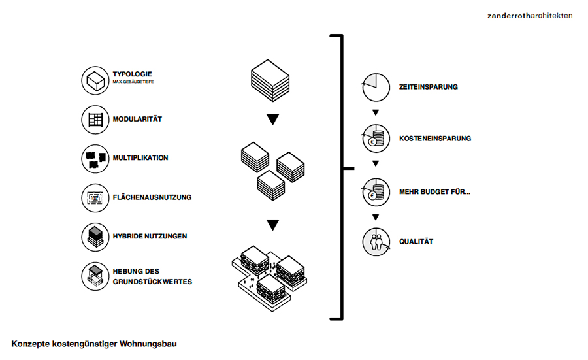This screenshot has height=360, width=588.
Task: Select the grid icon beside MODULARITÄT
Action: click(94, 120)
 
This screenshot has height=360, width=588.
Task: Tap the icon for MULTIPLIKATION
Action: click(94, 158)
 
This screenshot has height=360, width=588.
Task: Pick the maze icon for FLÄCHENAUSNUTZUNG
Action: click(94, 197)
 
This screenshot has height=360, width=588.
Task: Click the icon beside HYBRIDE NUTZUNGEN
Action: click(94, 236)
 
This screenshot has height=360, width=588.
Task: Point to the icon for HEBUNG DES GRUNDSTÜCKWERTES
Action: click(94, 276)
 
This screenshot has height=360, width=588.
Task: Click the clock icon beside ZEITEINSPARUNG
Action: click(376, 87)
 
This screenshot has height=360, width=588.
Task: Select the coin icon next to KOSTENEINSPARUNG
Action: click(376, 139)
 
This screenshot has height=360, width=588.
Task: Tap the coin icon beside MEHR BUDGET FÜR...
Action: click(376, 193)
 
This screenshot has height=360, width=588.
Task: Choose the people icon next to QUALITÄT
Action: click(376, 242)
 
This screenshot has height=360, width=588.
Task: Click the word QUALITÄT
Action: click(416, 242)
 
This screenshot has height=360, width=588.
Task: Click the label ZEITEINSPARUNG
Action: click(428, 87)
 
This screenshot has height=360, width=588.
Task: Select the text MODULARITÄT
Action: click(137, 120)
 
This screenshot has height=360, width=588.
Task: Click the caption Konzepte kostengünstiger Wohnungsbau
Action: click(94, 343)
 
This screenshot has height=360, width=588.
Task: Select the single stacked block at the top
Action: click(270, 76)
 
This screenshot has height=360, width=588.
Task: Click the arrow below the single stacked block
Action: click(272, 120)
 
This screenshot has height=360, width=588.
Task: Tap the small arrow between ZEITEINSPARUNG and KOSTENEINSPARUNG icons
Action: click(376, 112)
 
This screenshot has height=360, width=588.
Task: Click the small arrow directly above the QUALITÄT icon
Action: click(376, 218)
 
